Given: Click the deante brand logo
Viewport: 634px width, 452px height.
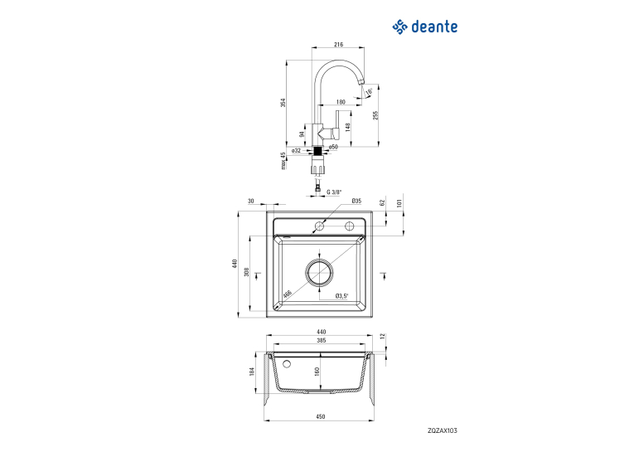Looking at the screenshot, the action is pyautogui.click(x=424, y=27).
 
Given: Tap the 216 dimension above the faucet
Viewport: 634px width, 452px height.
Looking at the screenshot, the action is pyautogui.click(x=338, y=45).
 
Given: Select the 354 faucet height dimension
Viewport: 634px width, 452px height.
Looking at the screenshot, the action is pyautogui.click(x=283, y=103).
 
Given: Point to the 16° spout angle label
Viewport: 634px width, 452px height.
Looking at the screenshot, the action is pyautogui.click(x=369, y=92).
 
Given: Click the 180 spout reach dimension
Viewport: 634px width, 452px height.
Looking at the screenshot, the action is pyautogui.click(x=341, y=102).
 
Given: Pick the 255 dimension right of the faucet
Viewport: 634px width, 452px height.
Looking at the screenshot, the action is pyautogui.click(x=375, y=115).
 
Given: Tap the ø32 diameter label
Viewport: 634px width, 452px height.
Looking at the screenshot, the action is pyautogui.click(x=297, y=151).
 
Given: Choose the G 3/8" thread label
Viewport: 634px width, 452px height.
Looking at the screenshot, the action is pyautogui.click(x=334, y=192).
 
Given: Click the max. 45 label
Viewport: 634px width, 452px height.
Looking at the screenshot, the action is pyautogui.click(x=283, y=161).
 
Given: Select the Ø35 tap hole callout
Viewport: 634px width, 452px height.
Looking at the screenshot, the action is pyautogui.click(x=356, y=201).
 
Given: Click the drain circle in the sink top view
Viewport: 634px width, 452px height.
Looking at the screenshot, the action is pyautogui.click(x=319, y=272).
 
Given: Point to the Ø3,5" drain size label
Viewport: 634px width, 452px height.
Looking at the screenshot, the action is pyautogui.click(x=341, y=296).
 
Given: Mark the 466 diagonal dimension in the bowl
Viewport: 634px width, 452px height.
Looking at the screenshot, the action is pyautogui.click(x=287, y=294).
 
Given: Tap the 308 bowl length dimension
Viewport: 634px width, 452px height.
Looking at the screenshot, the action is pyautogui.click(x=247, y=272).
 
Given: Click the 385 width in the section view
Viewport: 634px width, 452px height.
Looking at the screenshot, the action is pyautogui.click(x=321, y=340).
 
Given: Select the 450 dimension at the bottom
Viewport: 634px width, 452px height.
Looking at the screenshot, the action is pyautogui.click(x=320, y=416).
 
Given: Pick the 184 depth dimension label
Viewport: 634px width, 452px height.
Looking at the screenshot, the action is pyautogui.click(x=252, y=372).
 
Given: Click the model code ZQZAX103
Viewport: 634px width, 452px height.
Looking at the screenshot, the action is pyautogui.click(x=443, y=430).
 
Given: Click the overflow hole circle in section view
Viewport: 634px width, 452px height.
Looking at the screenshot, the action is pyautogui.click(x=287, y=364).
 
